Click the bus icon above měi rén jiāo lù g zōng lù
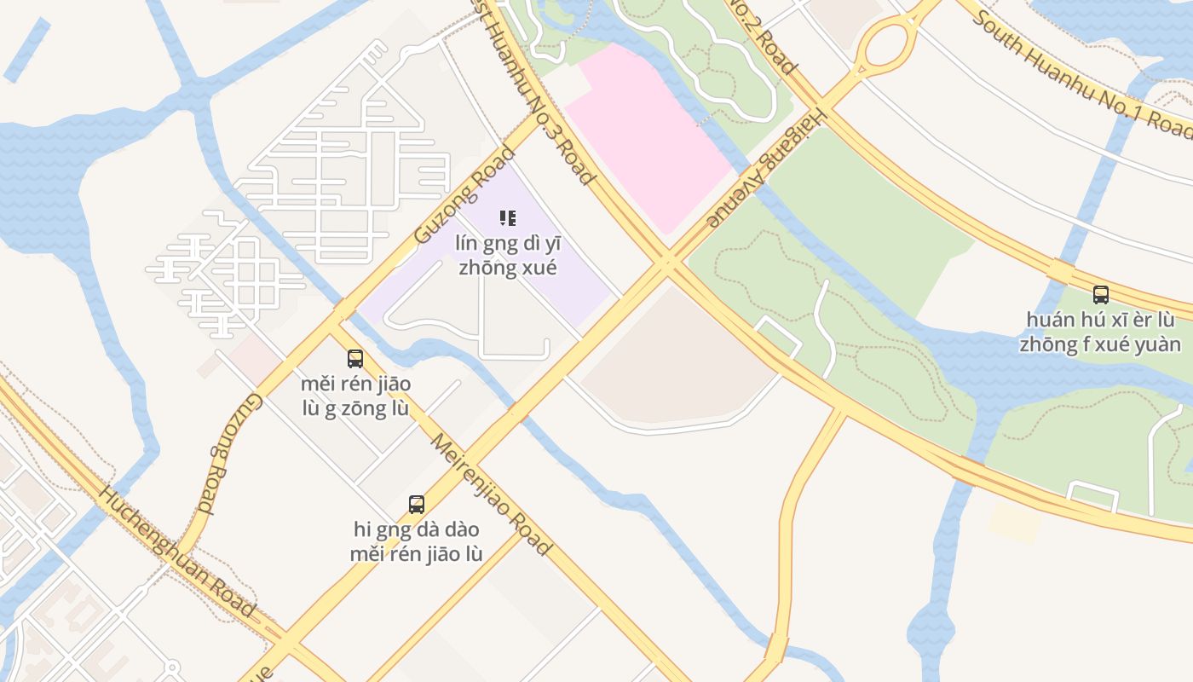click(355, 359)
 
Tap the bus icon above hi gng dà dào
click(417, 505)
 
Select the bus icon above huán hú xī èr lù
click(1101, 295)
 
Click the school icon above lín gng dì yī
click(508, 218)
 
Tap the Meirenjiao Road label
click(490, 494)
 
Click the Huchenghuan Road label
click(176, 552)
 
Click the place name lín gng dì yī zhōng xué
click(508, 255)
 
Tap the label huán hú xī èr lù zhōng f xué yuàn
click(1100, 332)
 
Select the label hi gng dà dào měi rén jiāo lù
click(417, 541)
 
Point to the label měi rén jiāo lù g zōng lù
click(355, 396)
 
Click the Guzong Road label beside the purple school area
click(464, 195)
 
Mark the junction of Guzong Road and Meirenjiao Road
click(339, 314)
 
